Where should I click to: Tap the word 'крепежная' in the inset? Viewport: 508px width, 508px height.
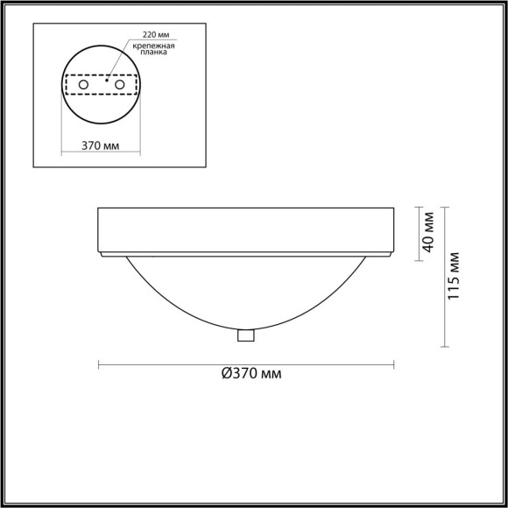(154, 46)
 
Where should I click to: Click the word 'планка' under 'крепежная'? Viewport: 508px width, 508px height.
(154, 53)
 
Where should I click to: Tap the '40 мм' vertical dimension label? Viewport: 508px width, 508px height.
(428, 231)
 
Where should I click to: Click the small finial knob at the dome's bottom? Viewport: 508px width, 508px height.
(245, 335)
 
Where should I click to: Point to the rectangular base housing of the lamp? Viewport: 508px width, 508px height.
(245, 229)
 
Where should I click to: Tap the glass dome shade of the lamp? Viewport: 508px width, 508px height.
(245, 289)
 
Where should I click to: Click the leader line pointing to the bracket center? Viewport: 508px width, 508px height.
(120, 62)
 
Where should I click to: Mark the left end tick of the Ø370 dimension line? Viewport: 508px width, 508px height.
(98, 363)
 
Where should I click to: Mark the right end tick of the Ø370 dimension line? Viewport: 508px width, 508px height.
(393, 363)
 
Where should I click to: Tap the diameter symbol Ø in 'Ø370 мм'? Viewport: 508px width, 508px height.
(226, 374)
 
